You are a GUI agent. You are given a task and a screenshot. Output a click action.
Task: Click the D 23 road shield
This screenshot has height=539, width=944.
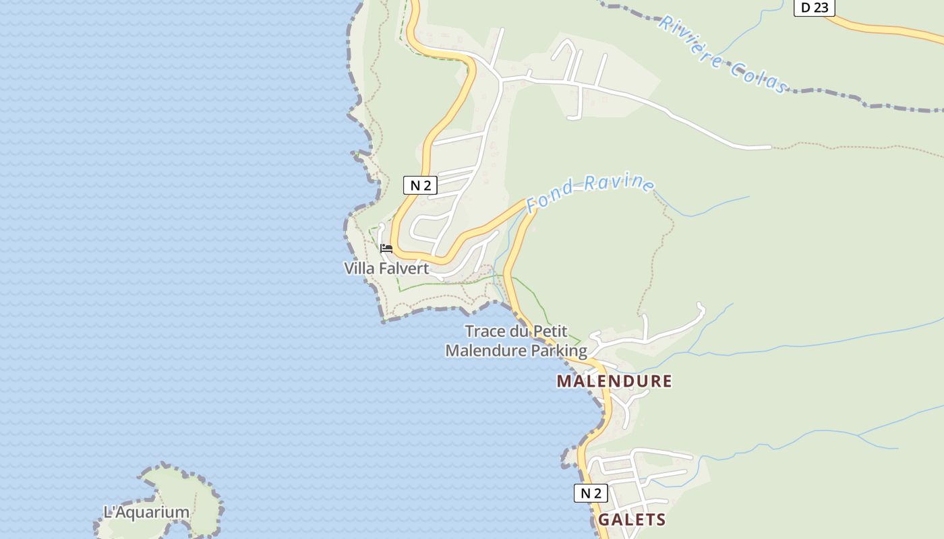tap(814, 8)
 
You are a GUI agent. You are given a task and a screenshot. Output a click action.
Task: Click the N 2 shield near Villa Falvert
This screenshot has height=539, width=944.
tap(420, 185)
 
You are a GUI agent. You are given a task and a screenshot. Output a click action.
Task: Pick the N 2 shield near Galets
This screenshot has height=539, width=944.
tap(591, 493)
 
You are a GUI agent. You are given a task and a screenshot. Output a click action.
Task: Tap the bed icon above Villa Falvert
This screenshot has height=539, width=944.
tap(386, 249)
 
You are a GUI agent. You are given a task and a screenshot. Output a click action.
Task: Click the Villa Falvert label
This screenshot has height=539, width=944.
tap(386, 268)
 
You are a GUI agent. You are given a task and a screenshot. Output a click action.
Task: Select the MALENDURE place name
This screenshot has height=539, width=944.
tap(614, 381)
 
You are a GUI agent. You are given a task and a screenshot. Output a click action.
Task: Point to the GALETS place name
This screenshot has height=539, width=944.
tap(632, 520)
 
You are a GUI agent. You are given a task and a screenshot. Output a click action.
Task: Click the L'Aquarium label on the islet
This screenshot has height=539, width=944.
tap(146, 512)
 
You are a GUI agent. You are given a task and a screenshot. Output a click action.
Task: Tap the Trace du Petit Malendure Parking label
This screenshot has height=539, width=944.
tap(516, 341)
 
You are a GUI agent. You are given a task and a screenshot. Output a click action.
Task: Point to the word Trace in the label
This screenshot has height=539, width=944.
tap(485, 331)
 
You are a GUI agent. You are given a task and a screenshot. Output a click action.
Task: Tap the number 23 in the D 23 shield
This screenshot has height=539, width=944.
tap(821, 8)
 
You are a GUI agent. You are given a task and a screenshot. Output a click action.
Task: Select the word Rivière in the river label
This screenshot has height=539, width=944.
tap(690, 40)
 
